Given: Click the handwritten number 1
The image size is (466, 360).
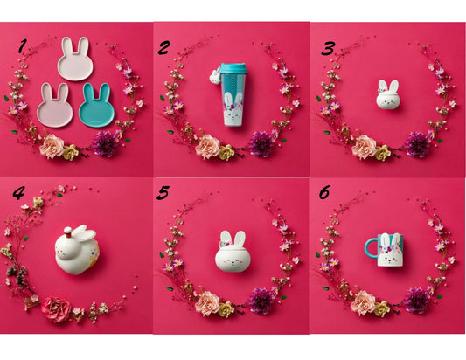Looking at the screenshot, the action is [x=23, y=46].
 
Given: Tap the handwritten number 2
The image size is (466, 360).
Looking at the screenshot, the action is [x=164, y=47].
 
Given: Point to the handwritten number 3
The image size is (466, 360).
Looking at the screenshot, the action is [x=329, y=48].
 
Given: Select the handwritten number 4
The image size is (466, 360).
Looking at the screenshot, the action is [x=18, y=193].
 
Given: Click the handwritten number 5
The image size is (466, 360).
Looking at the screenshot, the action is [x=163, y=192].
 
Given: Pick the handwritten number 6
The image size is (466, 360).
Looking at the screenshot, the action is [x=324, y=193].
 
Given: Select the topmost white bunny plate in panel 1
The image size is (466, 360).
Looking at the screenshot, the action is [x=75, y=59].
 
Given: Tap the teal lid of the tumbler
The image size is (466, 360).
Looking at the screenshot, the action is [x=233, y=68].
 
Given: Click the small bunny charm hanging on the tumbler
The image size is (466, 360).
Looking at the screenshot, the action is [x=214, y=77].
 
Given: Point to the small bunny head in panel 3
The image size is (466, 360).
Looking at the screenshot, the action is [x=388, y=94].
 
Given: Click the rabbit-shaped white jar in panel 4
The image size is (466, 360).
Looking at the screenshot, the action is [x=77, y=249].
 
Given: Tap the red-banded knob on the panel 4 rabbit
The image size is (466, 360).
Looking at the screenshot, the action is [x=68, y=232].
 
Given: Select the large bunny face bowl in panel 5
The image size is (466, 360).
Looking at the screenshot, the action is [x=233, y=252].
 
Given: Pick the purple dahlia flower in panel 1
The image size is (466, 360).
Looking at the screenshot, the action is [x=105, y=144].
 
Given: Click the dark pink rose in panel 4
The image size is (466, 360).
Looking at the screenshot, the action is [x=56, y=309].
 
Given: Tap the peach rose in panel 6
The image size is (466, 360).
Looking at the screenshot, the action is [x=363, y=303].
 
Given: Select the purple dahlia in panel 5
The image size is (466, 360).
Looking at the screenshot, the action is [x=261, y=301].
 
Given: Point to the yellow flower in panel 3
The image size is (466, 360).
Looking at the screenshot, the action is [x=383, y=153].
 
